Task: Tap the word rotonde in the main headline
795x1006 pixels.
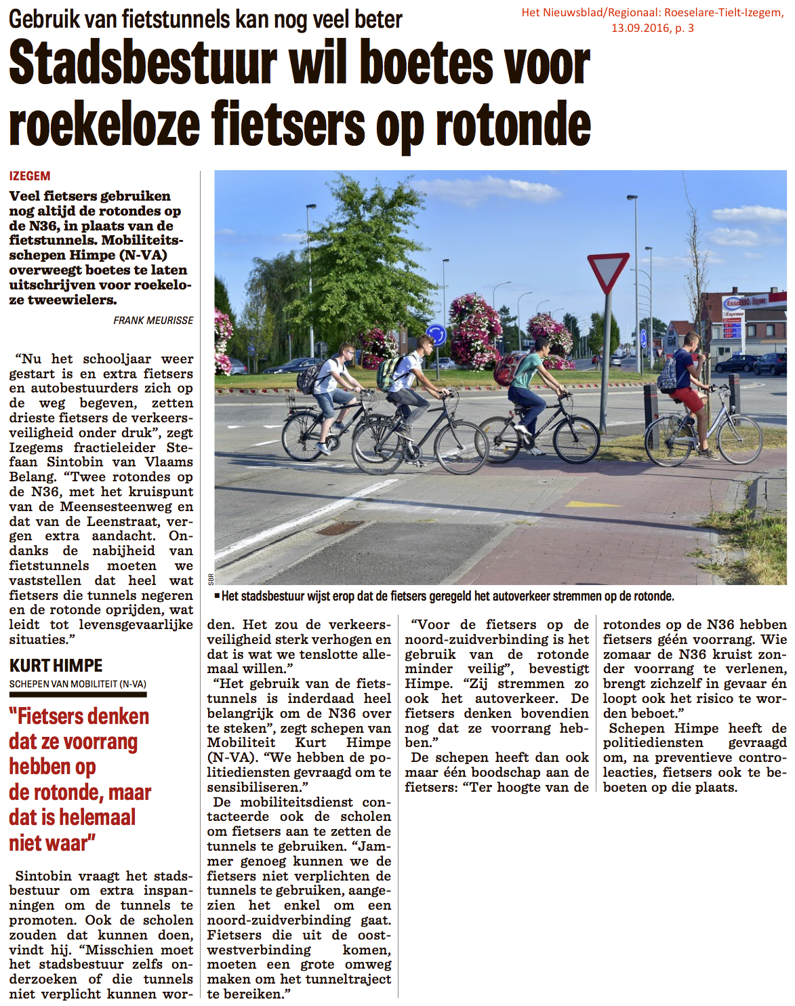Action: click(x=513, y=124)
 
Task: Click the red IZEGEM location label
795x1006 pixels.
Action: click(x=30, y=176)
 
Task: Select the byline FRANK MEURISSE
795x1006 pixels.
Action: click(x=153, y=320)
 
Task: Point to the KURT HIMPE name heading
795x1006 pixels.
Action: click(x=56, y=666)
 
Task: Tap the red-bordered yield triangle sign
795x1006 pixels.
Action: click(x=608, y=272)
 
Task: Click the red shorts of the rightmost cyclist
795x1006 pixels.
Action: click(x=689, y=399)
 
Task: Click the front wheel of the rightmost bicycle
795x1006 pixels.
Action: click(x=740, y=440)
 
